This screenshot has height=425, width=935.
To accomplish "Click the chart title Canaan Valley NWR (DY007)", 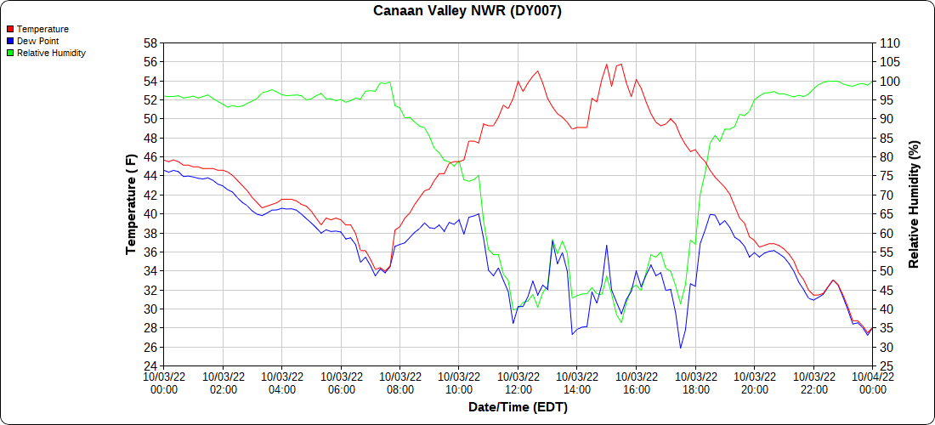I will pos(467,11).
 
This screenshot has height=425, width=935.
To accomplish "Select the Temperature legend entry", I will pos(42,29).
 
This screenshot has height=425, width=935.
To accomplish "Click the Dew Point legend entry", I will pos(37,41).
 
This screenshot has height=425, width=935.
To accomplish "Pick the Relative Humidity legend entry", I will pos(51,53).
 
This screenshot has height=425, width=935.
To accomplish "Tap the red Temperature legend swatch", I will pos(9,29).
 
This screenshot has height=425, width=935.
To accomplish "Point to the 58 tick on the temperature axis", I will pos(150,42).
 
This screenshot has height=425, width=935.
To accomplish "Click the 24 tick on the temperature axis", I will pos(150,366).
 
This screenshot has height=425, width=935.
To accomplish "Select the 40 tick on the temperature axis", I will pos(150,214).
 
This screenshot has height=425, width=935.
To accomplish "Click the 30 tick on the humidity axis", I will pos(885,348).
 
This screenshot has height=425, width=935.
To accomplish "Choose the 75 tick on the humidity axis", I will pos(885,176).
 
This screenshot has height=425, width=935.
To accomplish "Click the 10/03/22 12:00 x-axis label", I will pos(518,382).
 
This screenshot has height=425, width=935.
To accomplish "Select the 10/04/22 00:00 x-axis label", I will pos(872,382).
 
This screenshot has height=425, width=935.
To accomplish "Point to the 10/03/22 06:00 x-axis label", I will pos(341,382).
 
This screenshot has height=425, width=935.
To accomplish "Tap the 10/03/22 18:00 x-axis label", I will pos(695,382).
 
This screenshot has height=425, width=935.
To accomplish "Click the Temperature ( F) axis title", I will pos(132,205).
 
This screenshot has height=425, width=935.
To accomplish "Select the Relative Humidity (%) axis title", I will pos(915,205).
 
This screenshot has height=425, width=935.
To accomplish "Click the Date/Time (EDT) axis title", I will pos(518,407).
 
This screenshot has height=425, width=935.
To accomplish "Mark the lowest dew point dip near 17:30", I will pos(681,348).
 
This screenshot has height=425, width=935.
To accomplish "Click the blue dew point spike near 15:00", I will pos(607,246).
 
